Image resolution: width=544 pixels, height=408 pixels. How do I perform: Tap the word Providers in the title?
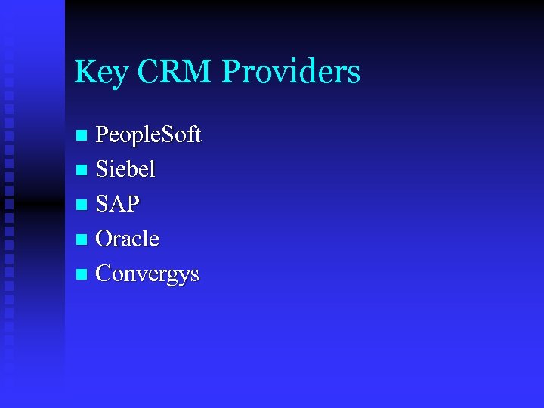pos(292,72)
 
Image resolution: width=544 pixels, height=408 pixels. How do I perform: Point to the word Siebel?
pos(125,169)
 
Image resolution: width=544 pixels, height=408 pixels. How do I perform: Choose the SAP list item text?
pos(118,204)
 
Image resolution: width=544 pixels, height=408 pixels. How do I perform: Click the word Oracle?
pos(128,239)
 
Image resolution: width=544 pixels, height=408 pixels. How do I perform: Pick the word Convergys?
pos(147,274)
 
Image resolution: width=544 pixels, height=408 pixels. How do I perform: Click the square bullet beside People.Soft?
pos(82,135)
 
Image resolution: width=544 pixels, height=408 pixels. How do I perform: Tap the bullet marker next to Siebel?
pos(82,170)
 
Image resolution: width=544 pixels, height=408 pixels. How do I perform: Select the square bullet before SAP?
pos(82,205)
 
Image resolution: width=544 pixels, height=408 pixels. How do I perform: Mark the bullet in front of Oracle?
pos(82,240)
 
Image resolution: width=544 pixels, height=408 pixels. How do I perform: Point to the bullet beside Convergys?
pos(82,274)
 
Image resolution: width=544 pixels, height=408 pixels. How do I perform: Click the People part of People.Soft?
pos(124,135)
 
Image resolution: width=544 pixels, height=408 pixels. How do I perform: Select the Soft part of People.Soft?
pos(180,134)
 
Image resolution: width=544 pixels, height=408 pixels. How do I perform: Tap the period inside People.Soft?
pos(155,142)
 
